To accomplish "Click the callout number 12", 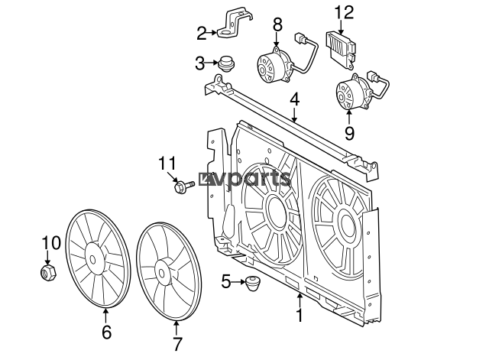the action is click(x=345, y=13).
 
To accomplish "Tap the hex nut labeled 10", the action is click(x=48, y=272).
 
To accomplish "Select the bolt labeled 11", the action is click(x=183, y=186).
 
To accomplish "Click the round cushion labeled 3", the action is click(x=226, y=63).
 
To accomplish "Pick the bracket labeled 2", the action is click(x=234, y=25).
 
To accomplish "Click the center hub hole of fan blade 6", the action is click(x=92, y=260).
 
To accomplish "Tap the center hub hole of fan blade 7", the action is click(x=161, y=274).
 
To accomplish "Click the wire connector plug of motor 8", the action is click(x=300, y=39).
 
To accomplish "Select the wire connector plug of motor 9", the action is click(x=374, y=76).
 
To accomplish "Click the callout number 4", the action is click(x=294, y=100).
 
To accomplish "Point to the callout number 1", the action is click(x=300, y=315).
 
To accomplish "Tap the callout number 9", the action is click(x=349, y=134).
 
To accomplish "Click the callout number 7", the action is click(x=177, y=344).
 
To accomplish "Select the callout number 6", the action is click(x=106, y=332).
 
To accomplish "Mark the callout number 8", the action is click(x=277, y=24).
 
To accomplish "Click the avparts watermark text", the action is click(x=244, y=180).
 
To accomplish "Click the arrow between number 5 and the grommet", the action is click(x=238, y=282).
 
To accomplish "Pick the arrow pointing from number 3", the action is click(x=212, y=63).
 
